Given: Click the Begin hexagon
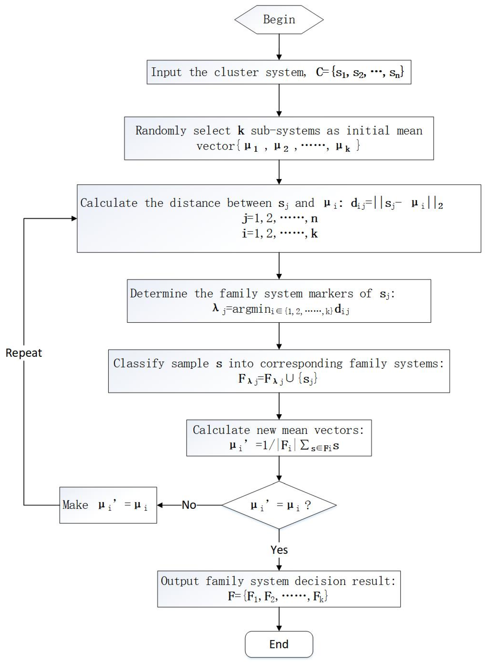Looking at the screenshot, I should point(279,20).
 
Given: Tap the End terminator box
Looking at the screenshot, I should point(279,644).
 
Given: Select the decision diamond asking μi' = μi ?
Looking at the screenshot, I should point(279,505).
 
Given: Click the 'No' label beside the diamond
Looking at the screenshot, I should point(189,505).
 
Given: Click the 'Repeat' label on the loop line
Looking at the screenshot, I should point(24,353).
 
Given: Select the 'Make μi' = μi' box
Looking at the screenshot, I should point(108,505).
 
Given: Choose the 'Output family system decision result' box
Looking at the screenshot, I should point(279,589).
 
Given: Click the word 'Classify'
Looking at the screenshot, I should point(139,363).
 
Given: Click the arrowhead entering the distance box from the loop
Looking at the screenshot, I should point(74,218).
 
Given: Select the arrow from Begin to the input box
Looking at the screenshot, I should point(279,47).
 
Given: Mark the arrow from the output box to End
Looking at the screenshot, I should point(279,619).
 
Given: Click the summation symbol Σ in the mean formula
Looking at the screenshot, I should point(304,445).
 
